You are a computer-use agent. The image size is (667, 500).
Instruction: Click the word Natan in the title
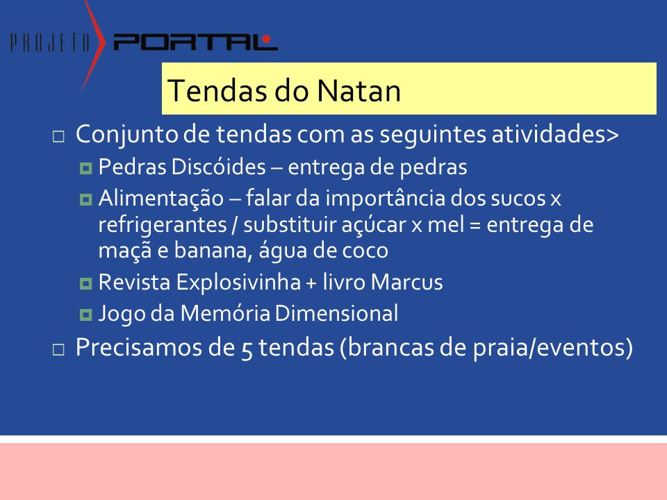pos(359,90)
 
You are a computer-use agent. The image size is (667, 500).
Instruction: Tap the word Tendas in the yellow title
pos(217,90)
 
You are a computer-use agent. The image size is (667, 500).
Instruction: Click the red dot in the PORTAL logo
pos(266,39)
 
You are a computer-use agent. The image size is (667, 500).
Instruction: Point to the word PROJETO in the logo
pos(50,42)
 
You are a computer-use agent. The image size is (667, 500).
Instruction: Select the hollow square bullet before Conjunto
pos(58,137)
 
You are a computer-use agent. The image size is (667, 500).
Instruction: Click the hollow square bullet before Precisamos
pos(58,349)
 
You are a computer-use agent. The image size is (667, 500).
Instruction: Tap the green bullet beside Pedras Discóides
pos(85,168)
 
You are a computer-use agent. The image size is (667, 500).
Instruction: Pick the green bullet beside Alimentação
pos(85,199)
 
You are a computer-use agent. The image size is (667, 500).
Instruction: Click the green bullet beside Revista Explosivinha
pos(85,283)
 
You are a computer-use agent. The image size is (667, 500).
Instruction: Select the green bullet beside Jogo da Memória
pos(85,315)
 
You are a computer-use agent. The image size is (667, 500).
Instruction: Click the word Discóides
pos(219,166)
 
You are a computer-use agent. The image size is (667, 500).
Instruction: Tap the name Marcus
pos(407,282)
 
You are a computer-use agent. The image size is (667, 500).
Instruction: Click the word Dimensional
pos(336,313)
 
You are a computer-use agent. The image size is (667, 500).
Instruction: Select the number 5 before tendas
pos(247,349)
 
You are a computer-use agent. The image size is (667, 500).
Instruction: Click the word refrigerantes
pos(163,225)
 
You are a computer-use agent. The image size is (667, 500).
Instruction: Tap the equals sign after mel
pos(475,225)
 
